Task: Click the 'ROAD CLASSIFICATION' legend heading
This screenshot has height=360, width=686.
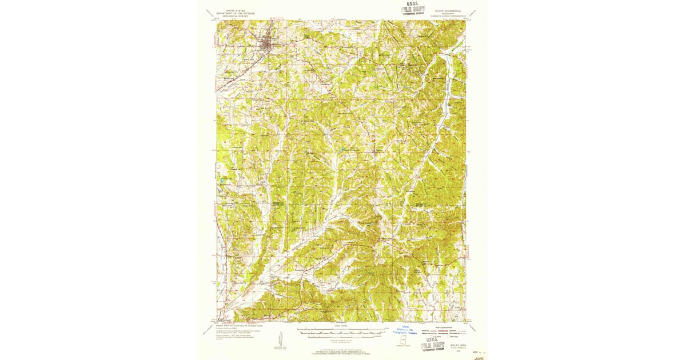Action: pyautogui.click(x=444, y=326)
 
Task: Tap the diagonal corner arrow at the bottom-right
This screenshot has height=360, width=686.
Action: pyautogui.click(x=474, y=330)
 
